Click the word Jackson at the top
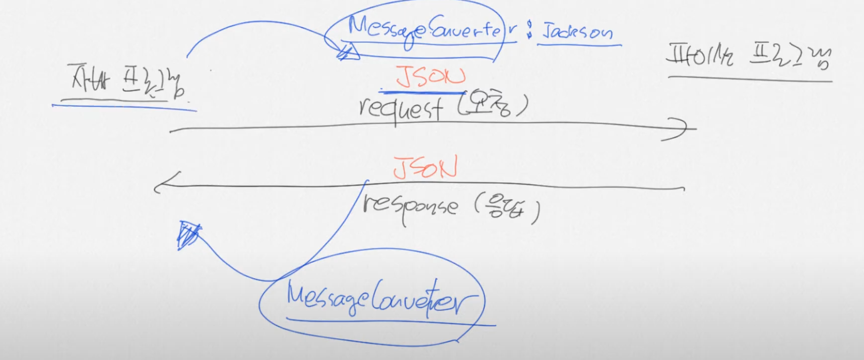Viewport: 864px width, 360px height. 577,32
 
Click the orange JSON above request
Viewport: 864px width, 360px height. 430,77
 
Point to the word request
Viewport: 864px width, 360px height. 400,108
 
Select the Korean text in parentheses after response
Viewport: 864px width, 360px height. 506,211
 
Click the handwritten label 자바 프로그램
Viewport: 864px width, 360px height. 127,82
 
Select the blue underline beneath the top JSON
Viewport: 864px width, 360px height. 422,91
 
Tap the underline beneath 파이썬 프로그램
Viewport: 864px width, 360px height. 749,78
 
